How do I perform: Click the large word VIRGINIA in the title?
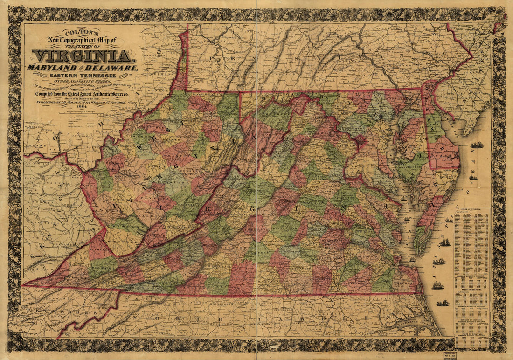pyautogui.click(x=82, y=56)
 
